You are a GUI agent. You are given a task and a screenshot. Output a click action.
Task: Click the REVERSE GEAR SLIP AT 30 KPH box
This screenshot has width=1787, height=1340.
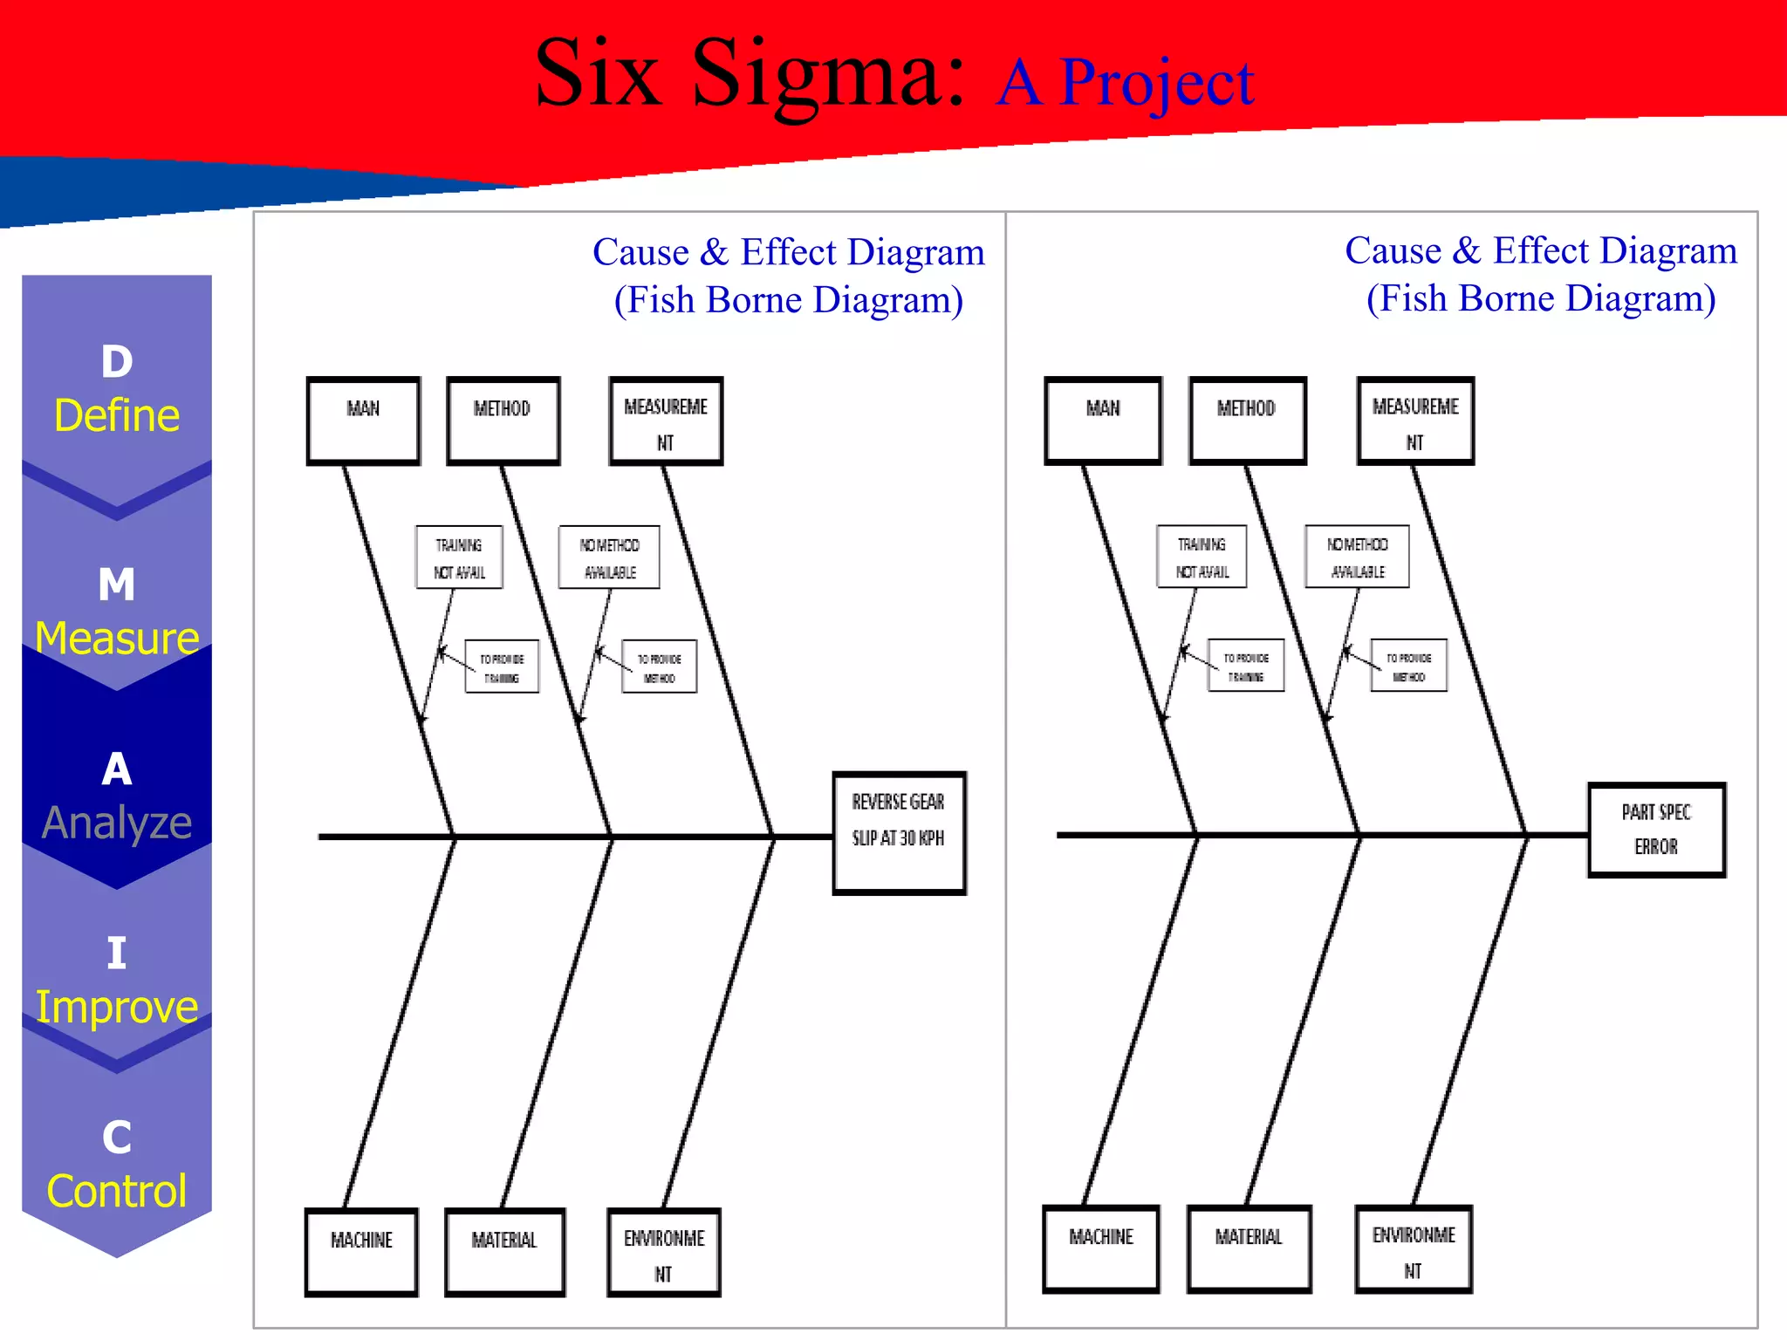pos(899,832)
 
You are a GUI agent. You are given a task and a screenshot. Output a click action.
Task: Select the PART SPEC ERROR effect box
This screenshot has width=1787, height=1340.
pos(1656,830)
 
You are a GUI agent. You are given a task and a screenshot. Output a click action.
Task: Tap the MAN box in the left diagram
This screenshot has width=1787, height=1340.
pos(364,420)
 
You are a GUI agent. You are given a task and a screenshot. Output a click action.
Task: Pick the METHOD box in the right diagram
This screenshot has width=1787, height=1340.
pos(1247,420)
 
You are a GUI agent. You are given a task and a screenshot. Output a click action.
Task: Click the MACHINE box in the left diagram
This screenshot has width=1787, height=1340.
pos(361,1251)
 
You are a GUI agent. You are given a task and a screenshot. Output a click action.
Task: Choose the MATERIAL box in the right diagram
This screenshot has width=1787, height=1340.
pos(1249,1248)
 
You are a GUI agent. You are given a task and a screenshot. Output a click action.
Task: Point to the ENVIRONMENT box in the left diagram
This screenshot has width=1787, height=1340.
pos(664,1252)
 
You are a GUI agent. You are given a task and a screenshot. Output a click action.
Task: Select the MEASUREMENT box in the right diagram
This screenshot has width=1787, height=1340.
pos(1415,420)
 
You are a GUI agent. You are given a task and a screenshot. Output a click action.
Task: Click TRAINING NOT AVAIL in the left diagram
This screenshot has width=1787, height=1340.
pos(459,557)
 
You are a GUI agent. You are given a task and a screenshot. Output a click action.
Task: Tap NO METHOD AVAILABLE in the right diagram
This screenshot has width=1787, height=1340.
pos(1357,557)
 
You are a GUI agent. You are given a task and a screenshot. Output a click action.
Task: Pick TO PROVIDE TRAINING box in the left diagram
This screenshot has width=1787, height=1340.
pos(502,667)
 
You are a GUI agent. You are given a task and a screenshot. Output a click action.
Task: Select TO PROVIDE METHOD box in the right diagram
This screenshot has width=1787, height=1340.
pos(1408,667)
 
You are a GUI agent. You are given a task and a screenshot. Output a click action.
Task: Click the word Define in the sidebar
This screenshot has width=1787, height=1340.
pos(117,415)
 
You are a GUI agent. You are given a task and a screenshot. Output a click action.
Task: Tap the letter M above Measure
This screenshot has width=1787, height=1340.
pos(117,585)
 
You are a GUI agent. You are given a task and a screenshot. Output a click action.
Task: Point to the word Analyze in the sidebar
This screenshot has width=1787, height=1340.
pos(117,823)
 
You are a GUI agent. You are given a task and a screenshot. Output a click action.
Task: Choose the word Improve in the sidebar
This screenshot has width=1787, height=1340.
pos(117,1007)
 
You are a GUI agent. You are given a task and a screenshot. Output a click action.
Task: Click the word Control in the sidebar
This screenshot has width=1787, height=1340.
pos(117,1191)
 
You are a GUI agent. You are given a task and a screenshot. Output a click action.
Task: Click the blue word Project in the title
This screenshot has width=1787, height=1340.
pos(1157,83)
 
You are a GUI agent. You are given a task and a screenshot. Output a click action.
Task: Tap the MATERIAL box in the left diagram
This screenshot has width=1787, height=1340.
pos(504,1251)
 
